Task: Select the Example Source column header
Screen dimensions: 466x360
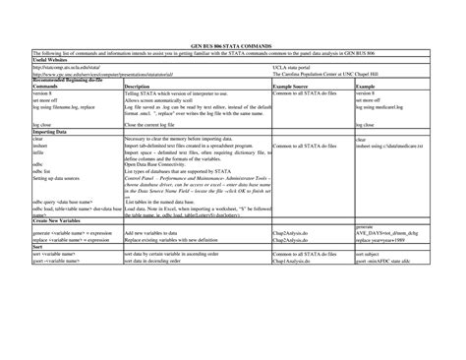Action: tap(291, 87)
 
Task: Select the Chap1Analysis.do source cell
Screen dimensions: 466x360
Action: tap(292, 263)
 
